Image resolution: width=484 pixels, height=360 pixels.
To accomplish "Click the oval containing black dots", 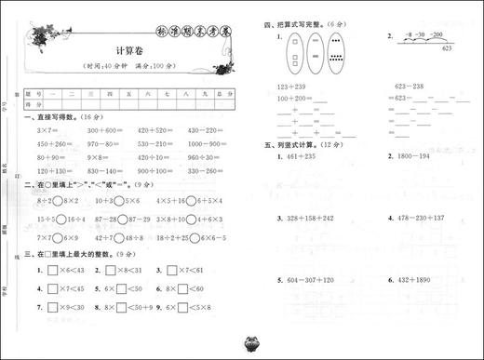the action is tap(336, 54).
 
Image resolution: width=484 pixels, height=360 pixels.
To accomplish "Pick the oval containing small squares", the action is tap(295, 54).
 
